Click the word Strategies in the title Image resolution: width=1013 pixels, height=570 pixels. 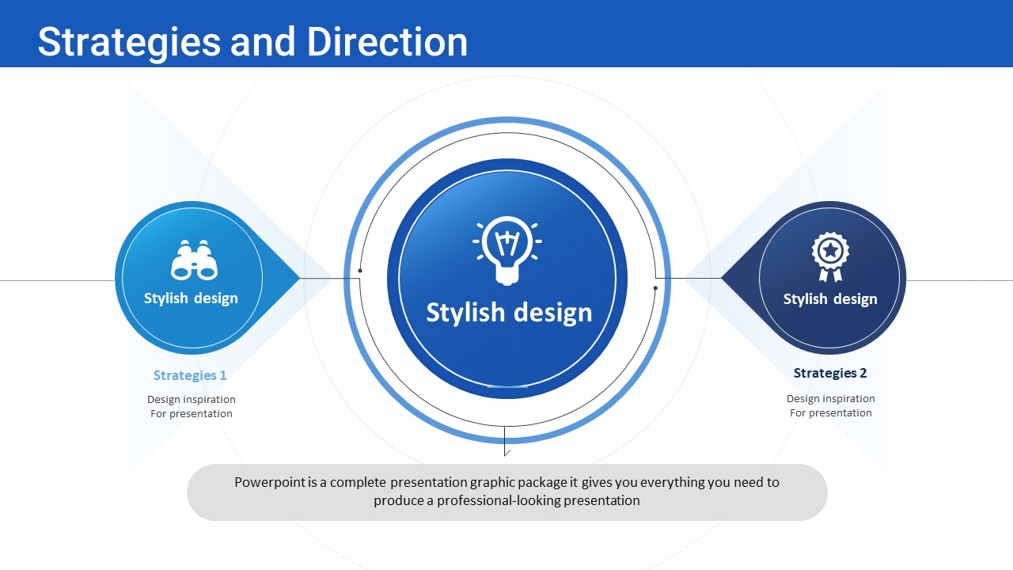[x=129, y=42]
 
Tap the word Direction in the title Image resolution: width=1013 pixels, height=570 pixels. [x=387, y=42]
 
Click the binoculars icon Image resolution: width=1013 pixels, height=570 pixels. [x=194, y=260]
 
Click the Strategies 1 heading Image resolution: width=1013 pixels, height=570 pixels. [x=190, y=375]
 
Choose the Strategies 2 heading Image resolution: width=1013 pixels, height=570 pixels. [x=830, y=373]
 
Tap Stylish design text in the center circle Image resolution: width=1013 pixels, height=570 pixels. [x=509, y=313]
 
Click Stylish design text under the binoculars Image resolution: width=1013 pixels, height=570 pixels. [x=191, y=298]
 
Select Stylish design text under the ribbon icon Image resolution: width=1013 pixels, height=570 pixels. [x=830, y=299]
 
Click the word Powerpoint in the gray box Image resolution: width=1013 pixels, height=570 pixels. [x=270, y=483]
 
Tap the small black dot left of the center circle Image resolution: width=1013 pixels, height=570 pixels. [x=360, y=271]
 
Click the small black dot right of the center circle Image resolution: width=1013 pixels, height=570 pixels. [x=655, y=287]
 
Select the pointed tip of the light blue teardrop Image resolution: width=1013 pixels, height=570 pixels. [x=300, y=278]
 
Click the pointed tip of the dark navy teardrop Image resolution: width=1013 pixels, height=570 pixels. [x=721, y=278]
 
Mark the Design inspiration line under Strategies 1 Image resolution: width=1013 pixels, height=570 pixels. [x=192, y=400]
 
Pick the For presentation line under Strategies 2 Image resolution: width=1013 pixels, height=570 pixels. [x=831, y=413]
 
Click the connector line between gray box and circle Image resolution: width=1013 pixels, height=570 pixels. [x=505, y=441]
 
